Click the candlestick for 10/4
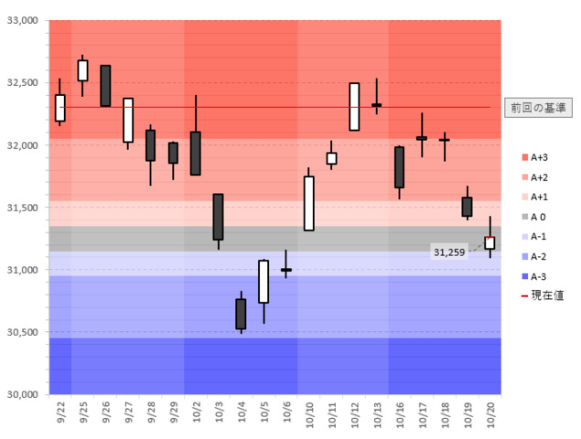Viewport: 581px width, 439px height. tap(241, 314)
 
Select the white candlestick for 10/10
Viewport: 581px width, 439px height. tap(309, 203)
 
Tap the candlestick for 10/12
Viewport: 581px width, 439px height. tap(354, 106)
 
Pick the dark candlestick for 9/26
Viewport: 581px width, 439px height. tap(105, 86)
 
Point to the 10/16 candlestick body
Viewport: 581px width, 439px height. tap(400, 167)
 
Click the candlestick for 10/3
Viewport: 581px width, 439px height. tap(219, 217)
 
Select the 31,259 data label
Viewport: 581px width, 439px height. tap(449, 251)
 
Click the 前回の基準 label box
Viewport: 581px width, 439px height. tap(536, 108)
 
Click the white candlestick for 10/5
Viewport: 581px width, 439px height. tap(264, 282)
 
